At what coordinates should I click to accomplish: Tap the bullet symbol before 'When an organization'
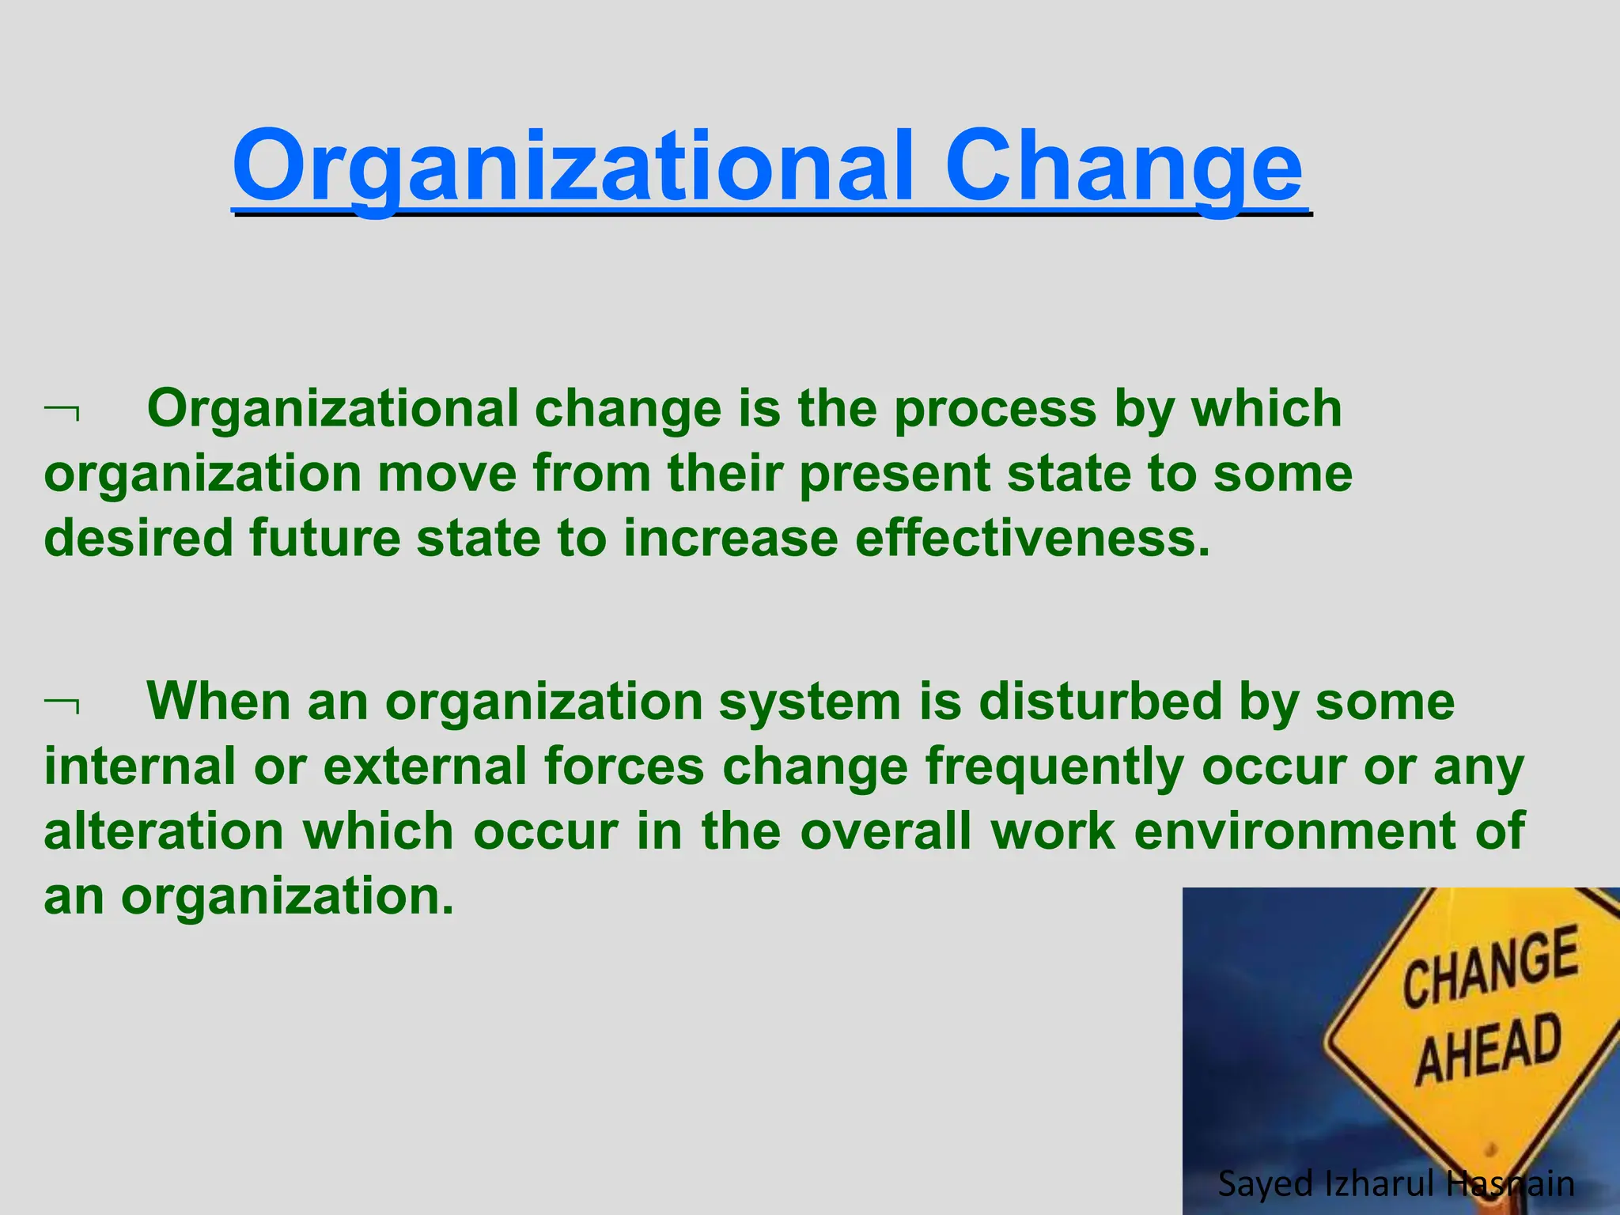click(x=62, y=704)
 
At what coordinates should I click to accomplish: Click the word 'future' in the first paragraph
click(x=325, y=538)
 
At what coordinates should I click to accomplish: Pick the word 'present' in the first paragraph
click(x=894, y=475)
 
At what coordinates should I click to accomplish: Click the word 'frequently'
click(x=1054, y=767)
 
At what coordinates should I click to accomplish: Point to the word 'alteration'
click(x=164, y=832)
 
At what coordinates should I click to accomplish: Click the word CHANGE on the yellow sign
click(x=1490, y=967)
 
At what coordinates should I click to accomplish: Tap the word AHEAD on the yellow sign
click(x=1489, y=1050)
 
